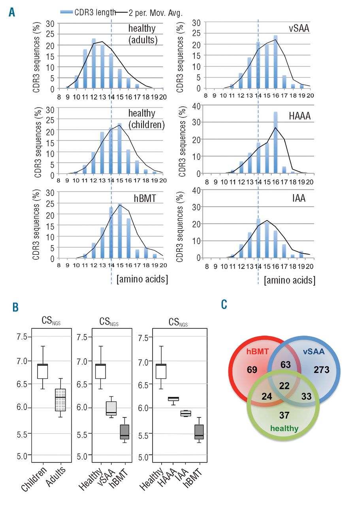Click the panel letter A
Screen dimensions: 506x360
(11, 13)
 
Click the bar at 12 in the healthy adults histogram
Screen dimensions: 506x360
(94, 63)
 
